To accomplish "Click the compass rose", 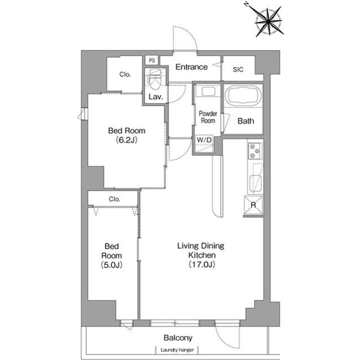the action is pyautogui.click(x=269, y=22).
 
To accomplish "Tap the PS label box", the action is pyautogui.click(x=152, y=61).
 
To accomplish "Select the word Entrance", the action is pyautogui.click(x=192, y=67).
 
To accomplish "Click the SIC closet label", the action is pyautogui.click(x=238, y=70).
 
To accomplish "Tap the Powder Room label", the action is pyautogui.click(x=208, y=117).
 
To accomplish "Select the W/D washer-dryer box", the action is pyautogui.click(x=204, y=144).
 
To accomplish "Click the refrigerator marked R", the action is pyautogui.click(x=253, y=205).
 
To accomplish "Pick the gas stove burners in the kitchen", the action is pyautogui.click(x=255, y=151).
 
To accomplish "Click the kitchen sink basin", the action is pyautogui.click(x=256, y=183).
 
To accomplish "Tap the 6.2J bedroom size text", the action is pyautogui.click(x=127, y=140).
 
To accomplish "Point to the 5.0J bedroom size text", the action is pyautogui.click(x=111, y=265).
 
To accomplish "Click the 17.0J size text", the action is pyautogui.click(x=202, y=264).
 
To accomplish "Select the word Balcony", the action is pyautogui.click(x=178, y=337).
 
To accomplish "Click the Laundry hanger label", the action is pyautogui.click(x=177, y=350).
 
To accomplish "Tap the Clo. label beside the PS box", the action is pyautogui.click(x=125, y=74).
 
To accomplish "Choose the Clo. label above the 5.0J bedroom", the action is pyautogui.click(x=114, y=199).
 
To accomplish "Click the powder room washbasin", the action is pyautogui.click(x=209, y=92).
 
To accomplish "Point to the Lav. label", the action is pyautogui.click(x=156, y=97).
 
